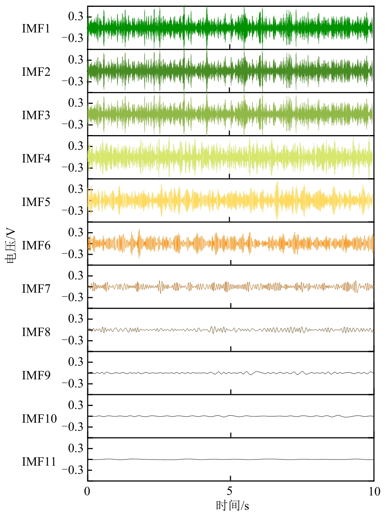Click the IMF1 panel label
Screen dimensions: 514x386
point(36,29)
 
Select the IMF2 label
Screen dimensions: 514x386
point(36,72)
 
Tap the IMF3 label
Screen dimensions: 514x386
point(36,115)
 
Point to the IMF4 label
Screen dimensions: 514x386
point(36,158)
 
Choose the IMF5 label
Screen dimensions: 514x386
point(36,202)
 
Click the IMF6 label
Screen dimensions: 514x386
point(36,245)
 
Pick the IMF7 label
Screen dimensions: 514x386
point(36,289)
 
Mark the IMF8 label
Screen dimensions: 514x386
point(36,332)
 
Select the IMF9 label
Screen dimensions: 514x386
point(36,375)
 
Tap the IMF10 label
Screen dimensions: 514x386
point(39,418)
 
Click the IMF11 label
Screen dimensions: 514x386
point(39,462)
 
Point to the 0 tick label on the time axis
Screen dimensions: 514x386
point(87,491)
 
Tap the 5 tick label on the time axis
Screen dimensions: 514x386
point(230,491)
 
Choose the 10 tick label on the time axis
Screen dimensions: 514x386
point(374,491)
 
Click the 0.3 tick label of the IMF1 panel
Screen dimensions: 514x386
point(76,17)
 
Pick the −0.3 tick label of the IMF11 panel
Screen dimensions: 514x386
point(72,470)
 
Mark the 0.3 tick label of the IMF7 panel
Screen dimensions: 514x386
point(76,276)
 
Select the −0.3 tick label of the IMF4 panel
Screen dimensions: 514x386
point(72,167)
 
